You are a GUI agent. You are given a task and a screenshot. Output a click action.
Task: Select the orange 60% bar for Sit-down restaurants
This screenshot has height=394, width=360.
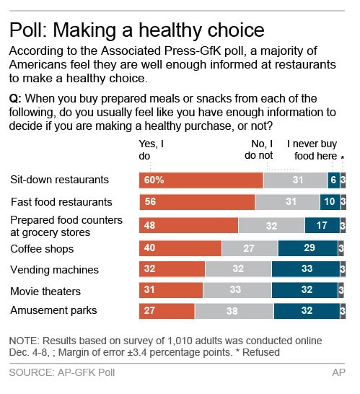point(201,180)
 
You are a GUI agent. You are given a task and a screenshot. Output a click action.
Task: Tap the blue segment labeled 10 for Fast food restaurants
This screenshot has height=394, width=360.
point(330,202)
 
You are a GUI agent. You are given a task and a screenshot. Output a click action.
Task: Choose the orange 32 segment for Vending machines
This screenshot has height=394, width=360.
point(172,270)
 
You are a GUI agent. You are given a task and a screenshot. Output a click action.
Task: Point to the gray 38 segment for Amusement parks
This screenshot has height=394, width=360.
point(234,311)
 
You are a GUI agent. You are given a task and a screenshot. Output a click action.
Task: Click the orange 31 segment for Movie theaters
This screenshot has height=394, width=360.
point(170,291)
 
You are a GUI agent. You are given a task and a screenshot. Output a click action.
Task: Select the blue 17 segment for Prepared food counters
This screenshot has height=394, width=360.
point(322,225)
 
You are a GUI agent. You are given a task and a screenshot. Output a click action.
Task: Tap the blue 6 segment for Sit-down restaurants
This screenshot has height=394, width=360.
point(333,180)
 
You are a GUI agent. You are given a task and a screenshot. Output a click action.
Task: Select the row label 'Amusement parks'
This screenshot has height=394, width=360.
point(53,311)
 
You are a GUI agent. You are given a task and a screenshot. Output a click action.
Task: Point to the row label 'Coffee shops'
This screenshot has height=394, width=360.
point(42,249)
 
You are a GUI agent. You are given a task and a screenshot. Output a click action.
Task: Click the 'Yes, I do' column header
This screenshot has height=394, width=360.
point(151,149)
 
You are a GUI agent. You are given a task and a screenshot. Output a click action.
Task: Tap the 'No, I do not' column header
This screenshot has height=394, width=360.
point(259,149)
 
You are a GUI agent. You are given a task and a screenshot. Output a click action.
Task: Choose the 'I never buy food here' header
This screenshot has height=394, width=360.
point(312,149)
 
